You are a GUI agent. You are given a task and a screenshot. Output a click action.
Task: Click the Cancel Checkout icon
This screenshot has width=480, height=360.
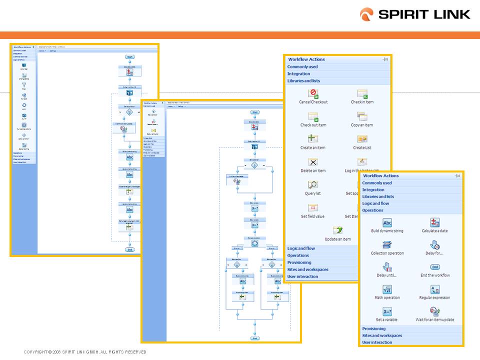313,93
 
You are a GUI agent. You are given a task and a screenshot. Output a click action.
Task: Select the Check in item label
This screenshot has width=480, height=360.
362,102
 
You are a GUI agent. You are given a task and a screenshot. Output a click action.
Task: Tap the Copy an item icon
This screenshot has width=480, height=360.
362,116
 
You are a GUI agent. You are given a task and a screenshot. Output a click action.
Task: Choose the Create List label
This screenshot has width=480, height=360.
362,148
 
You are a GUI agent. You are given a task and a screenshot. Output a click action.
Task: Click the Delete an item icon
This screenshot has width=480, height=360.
313,162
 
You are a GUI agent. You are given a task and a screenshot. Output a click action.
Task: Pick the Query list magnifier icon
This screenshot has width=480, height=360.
313,184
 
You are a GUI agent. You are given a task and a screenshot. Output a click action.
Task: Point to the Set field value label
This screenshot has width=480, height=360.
312,216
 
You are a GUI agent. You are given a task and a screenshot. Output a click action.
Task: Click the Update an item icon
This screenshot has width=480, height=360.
337,230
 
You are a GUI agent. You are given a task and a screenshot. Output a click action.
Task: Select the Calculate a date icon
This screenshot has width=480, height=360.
435,222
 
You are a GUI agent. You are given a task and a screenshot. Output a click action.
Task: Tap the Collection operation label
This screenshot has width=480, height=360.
387,253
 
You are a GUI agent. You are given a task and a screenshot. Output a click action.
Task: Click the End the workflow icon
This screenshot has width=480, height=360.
435,267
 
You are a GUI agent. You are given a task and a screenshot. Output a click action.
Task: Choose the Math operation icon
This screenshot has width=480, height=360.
387,289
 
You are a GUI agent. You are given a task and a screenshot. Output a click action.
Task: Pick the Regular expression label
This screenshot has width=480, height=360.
434,297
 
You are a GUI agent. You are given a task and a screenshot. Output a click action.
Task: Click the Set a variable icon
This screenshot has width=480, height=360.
387,311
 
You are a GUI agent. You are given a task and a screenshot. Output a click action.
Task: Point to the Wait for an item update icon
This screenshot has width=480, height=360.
435,311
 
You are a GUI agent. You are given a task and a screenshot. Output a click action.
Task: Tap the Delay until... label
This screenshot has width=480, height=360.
386,275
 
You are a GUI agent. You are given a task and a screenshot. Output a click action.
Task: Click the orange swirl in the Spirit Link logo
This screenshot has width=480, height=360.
366,14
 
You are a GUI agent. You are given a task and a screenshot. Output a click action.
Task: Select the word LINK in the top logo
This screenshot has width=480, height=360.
447,14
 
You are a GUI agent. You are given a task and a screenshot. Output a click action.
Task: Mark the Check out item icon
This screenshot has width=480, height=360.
313,116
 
